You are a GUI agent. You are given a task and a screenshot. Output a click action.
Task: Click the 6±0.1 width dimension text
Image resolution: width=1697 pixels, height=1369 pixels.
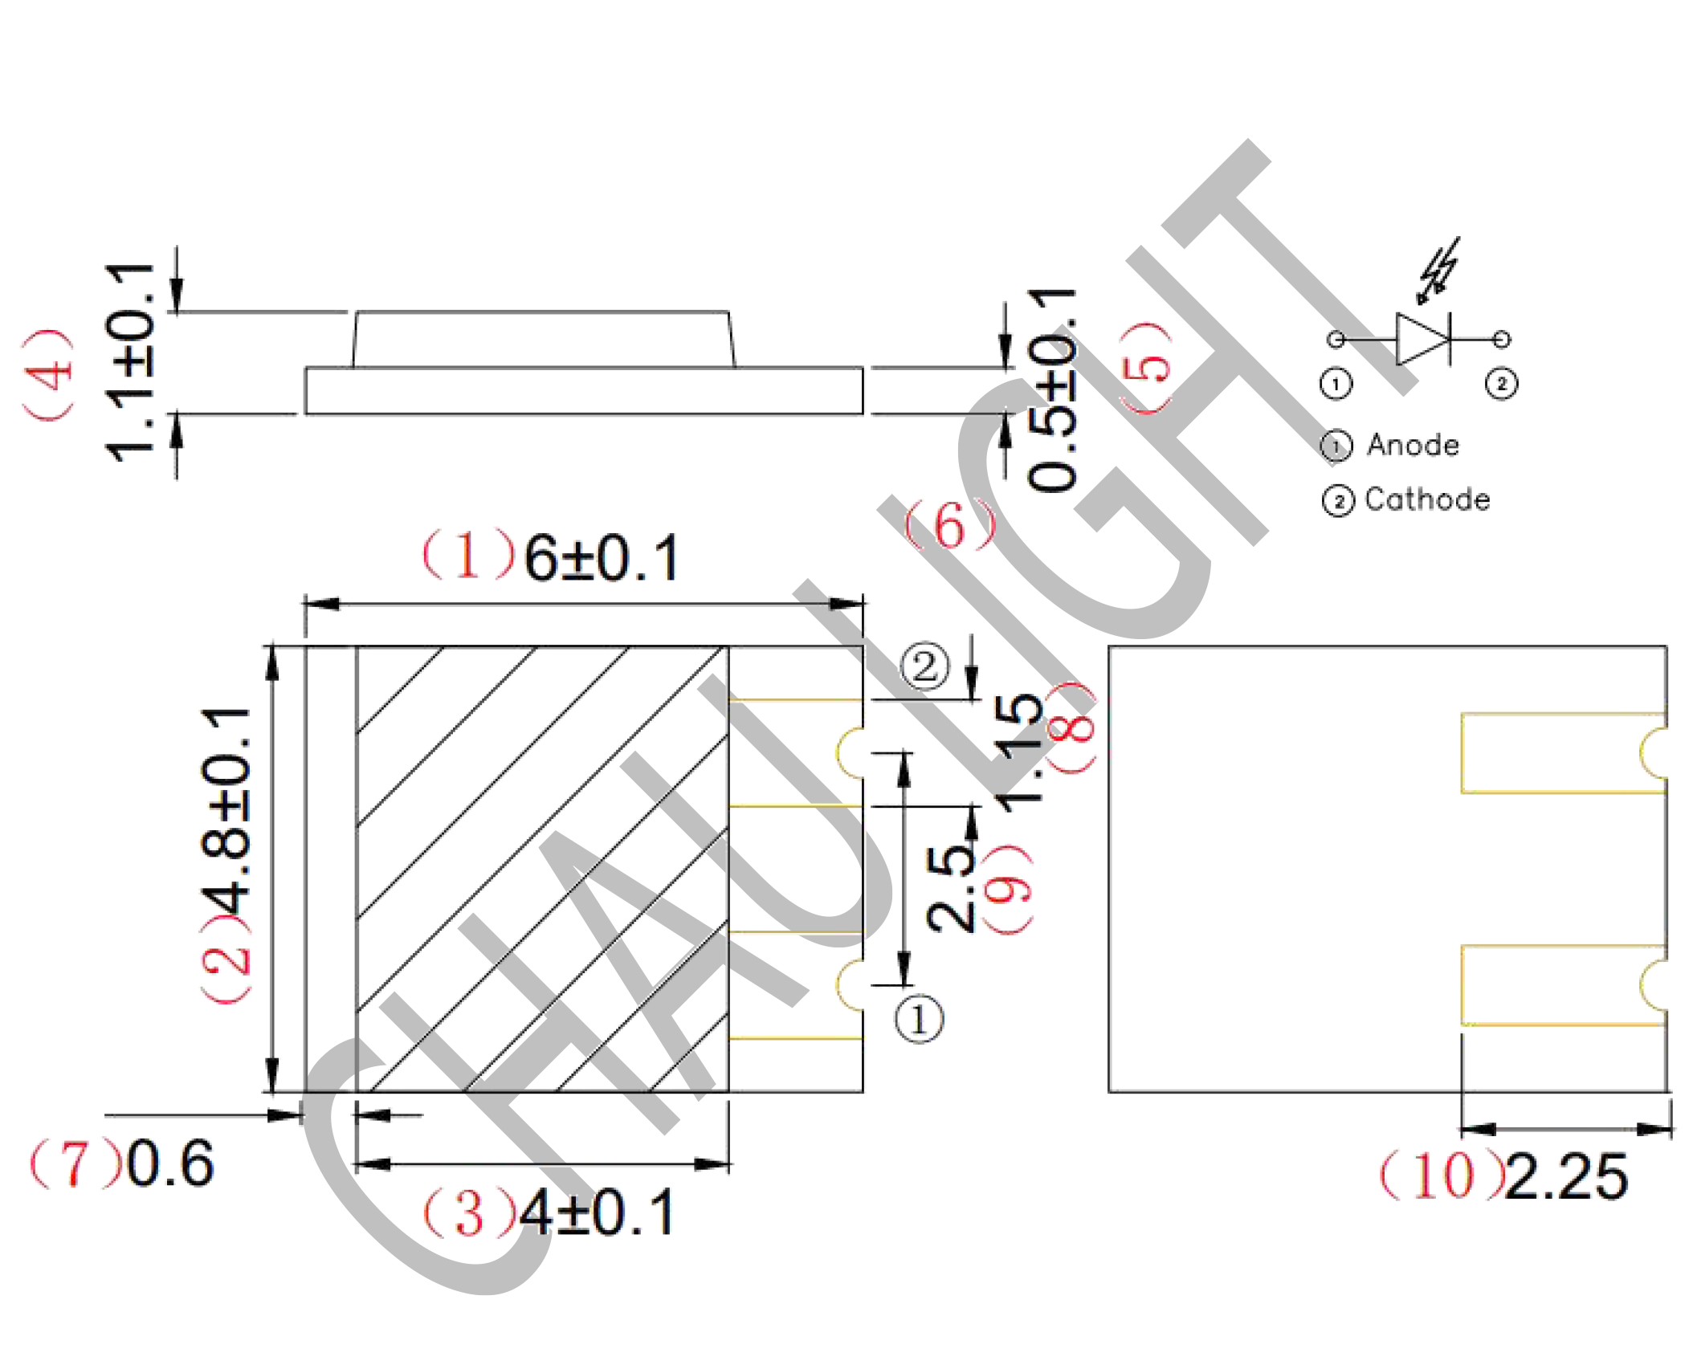[x=602, y=558]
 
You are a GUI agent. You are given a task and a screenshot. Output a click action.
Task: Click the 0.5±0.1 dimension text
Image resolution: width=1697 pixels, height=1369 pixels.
[x=1051, y=389]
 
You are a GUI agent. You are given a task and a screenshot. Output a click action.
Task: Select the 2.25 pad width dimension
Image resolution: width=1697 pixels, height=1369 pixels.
[x=1566, y=1177]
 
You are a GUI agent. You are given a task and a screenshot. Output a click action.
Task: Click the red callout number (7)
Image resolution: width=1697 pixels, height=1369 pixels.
[x=76, y=1163]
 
